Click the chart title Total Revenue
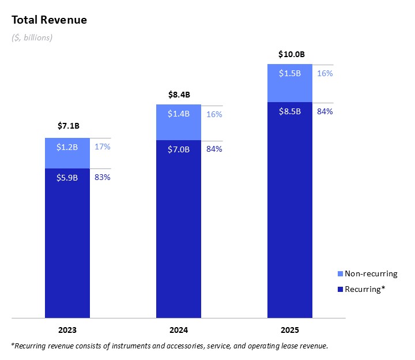pyautogui.click(x=49, y=20)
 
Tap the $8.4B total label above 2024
pyautogui.click(x=179, y=94)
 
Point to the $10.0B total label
pyautogui.click(x=290, y=54)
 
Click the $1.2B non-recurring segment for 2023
pyautogui.click(x=67, y=153)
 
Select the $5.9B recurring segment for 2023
pyautogui.click(x=67, y=242)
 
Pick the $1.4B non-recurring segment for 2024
pyautogui.click(x=179, y=122)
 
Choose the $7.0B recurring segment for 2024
pyautogui.click(x=179, y=228)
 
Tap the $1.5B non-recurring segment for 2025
pyautogui.click(x=290, y=82)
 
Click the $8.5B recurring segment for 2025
pyautogui.click(x=290, y=209)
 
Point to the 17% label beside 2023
pyautogui.click(x=103, y=147)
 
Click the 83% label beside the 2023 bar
pyautogui.click(x=103, y=177)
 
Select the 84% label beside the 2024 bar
pyautogui.click(x=214, y=149)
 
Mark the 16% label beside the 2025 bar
pyautogui.click(x=325, y=73)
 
